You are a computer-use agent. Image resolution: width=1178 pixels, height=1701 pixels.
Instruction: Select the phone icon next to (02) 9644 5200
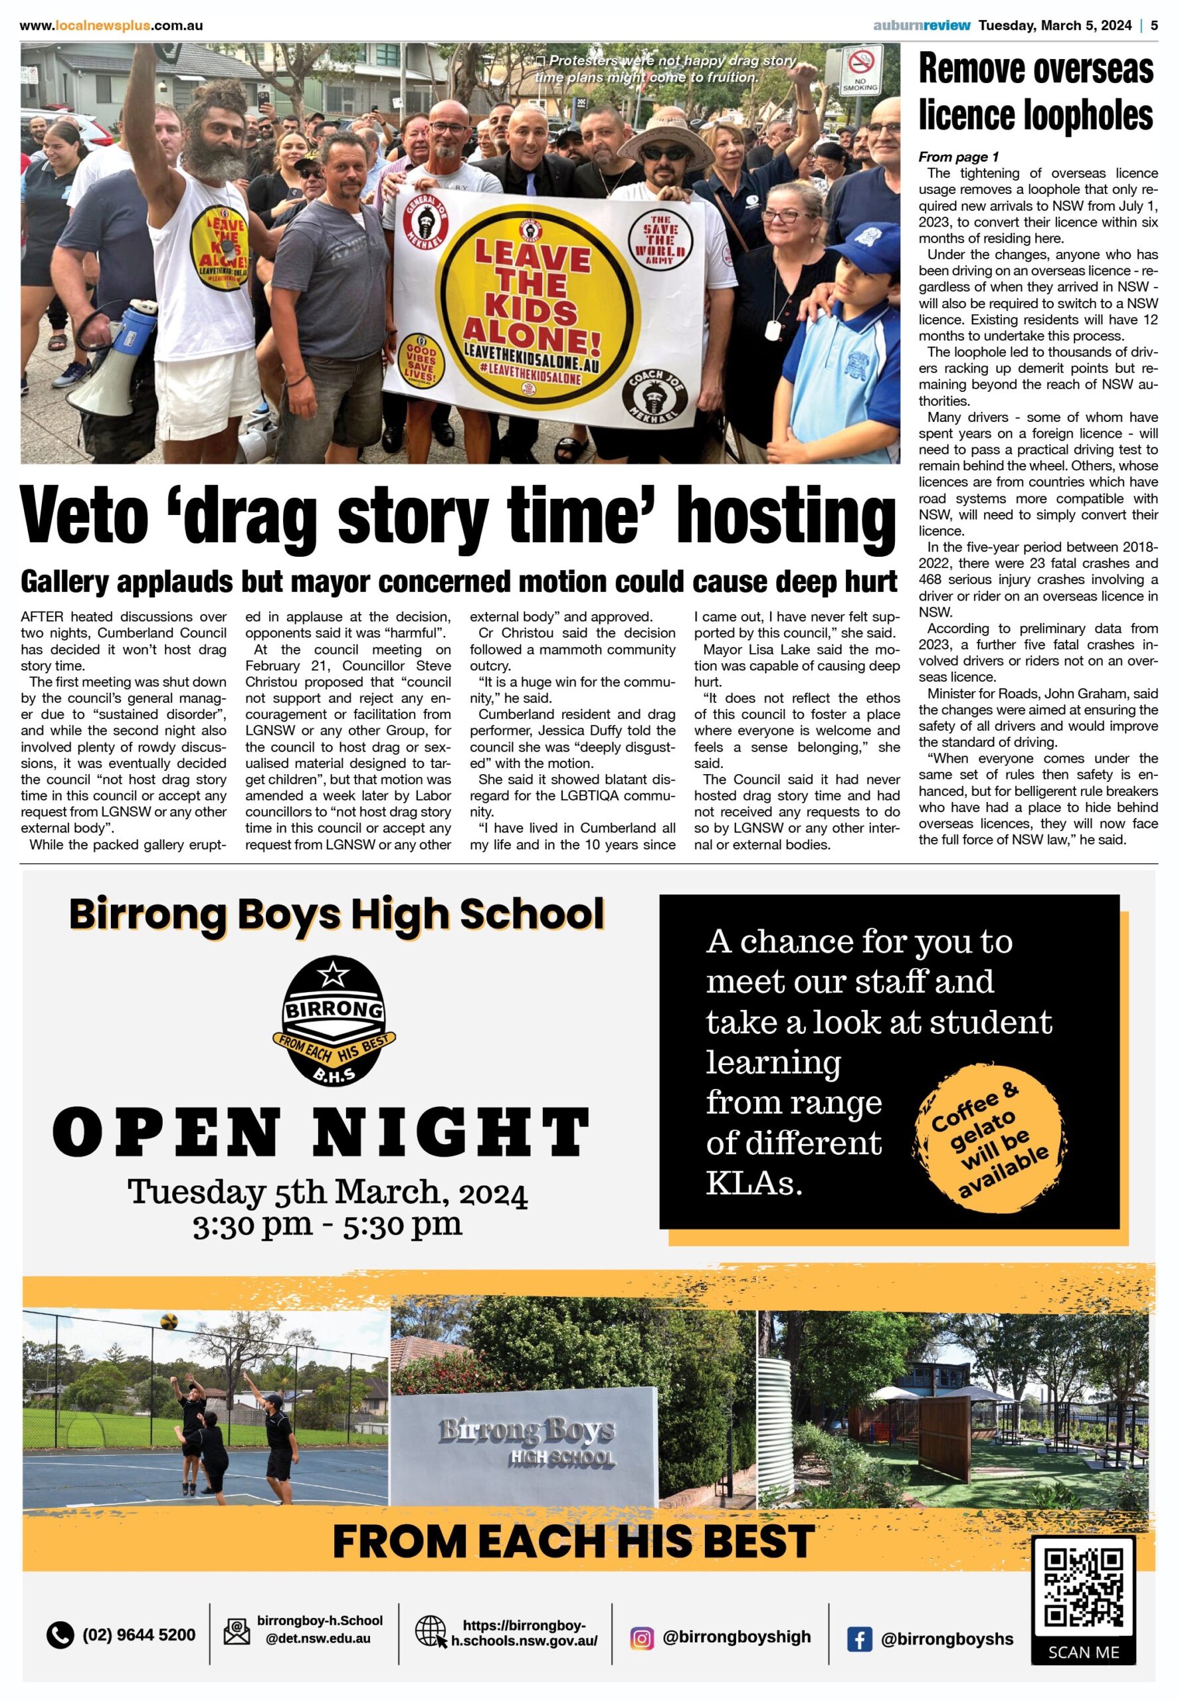pos(60,1635)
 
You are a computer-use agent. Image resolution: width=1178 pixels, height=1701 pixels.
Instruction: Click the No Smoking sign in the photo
pos(860,70)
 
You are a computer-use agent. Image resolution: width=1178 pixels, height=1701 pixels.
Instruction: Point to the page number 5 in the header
pos(1153,26)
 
